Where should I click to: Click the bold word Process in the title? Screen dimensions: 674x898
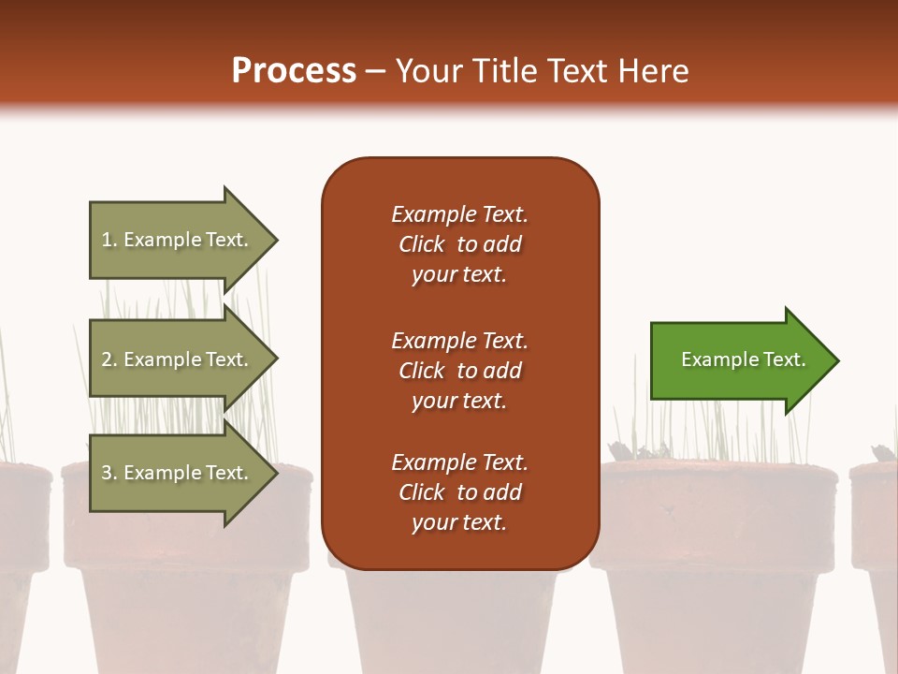(x=294, y=71)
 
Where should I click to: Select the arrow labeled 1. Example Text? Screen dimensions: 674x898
(x=178, y=240)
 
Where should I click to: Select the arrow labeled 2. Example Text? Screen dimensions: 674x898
(x=178, y=359)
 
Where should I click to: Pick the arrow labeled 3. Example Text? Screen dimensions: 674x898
(x=178, y=473)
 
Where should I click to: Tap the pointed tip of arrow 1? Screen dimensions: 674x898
(x=275, y=240)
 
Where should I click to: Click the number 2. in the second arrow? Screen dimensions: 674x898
(x=109, y=359)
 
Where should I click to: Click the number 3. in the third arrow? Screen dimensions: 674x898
(x=109, y=473)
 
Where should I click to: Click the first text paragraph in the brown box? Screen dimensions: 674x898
(x=459, y=244)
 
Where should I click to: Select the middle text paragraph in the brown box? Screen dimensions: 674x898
(x=459, y=371)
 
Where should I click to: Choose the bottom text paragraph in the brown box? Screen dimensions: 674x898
(x=459, y=492)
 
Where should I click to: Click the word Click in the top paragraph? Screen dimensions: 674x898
(x=422, y=244)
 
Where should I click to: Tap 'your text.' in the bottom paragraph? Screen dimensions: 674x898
(x=459, y=522)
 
